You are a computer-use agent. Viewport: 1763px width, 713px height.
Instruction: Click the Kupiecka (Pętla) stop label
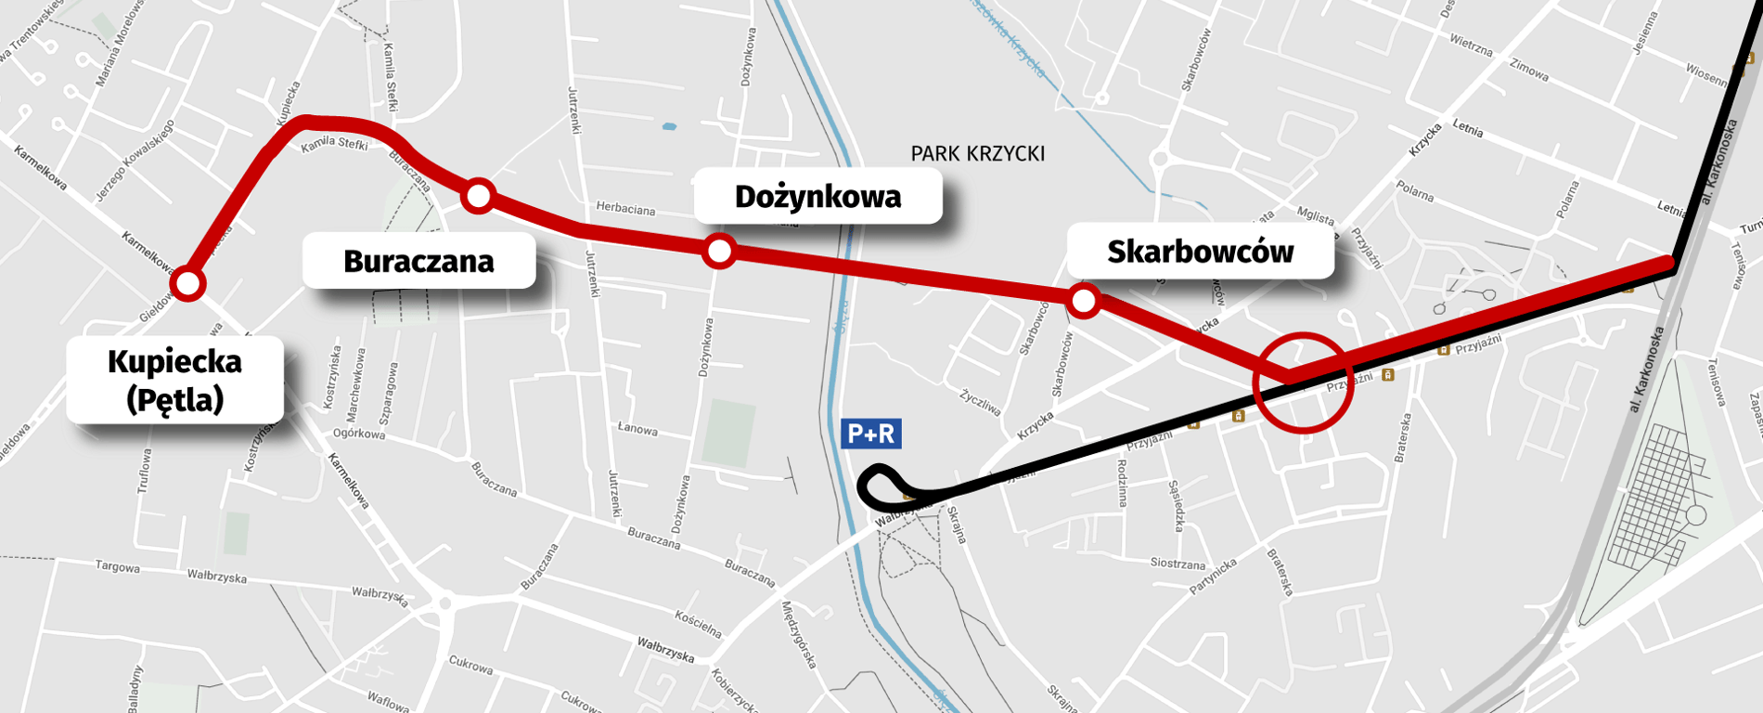point(174,380)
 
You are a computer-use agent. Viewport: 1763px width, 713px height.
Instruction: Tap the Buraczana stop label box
point(418,261)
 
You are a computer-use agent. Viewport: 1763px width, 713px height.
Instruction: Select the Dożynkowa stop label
point(817,196)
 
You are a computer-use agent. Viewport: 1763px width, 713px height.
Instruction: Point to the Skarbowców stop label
point(1200,252)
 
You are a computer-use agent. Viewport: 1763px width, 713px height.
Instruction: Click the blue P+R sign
point(870,434)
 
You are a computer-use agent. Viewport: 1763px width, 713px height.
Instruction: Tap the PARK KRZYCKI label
point(977,153)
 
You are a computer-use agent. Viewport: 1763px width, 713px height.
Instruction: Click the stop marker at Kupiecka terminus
point(188,283)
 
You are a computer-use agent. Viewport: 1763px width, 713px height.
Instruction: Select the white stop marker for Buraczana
point(479,195)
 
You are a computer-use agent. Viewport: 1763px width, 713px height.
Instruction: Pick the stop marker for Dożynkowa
point(720,251)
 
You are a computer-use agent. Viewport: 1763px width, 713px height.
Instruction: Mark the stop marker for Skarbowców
point(1083,300)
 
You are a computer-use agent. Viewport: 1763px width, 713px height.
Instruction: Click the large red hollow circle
point(1303,382)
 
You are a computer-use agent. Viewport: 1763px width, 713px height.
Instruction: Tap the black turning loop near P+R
point(881,487)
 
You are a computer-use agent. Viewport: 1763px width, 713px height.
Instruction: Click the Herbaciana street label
point(625,209)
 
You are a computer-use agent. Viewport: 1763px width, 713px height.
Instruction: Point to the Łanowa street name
point(637,429)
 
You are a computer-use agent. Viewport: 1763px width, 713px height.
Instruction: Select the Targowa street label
point(118,566)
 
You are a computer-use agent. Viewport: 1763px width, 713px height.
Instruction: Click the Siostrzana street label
point(1177,564)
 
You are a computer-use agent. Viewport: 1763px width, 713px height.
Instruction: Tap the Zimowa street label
point(1529,70)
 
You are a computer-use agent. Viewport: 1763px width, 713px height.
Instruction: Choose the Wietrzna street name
point(1471,45)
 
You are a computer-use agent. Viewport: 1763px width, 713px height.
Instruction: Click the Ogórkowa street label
point(359,434)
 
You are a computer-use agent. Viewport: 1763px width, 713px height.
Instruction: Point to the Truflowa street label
point(144,471)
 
